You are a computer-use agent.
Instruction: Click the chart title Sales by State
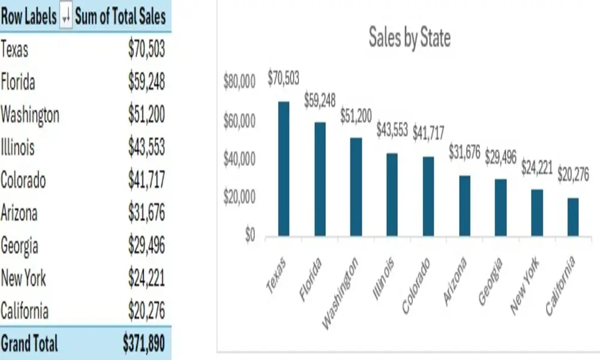pyautogui.click(x=409, y=38)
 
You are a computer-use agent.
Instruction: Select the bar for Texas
pyautogui.click(x=284, y=169)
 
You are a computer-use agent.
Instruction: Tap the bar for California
pyautogui.click(x=573, y=217)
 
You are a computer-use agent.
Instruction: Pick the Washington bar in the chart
pyautogui.click(x=356, y=187)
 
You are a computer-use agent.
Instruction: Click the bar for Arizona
pyautogui.click(x=464, y=205)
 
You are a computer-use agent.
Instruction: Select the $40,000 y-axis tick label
pyautogui.click(x=239, y=160)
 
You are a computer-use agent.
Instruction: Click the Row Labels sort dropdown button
pyautogui.click(x=65, y=17)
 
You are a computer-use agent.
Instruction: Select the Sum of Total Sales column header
pyautogui.click(x=120, y=17)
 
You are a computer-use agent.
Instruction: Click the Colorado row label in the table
pyautogui.click(x=23, y=180)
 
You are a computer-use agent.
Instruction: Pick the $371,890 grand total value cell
pyautogui.click(x=143, y=344)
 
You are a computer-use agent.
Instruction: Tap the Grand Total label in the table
pyautogui.click(x=30, y=344)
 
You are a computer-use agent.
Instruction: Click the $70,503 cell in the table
pyautogui.click(x=146, y=49)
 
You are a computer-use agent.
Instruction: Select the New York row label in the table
pyautogui.click(x=23, y=278)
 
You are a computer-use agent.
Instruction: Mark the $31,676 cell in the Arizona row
pyautogui.click(x=146, y=213)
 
